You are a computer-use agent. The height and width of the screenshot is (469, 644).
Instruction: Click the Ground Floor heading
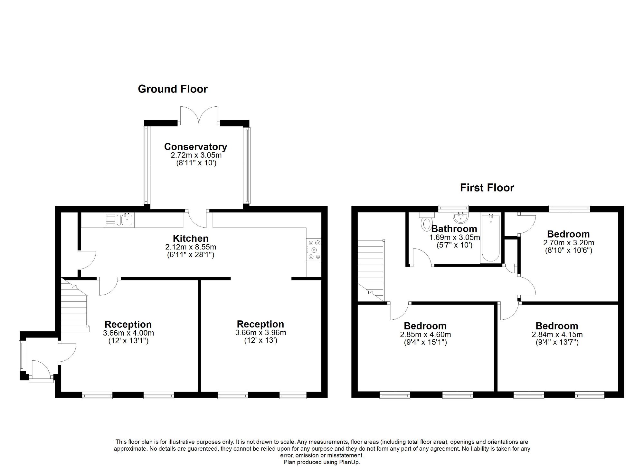point(173,89)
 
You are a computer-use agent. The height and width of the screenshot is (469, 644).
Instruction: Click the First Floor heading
point(487,188)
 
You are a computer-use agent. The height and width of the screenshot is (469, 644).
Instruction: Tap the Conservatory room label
point(195,147)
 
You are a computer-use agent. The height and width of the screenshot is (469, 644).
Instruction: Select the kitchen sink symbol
point(119,220)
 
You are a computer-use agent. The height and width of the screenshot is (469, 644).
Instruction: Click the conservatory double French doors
point(199,116)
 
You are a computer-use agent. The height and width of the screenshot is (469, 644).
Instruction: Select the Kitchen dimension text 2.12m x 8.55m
point(191,247)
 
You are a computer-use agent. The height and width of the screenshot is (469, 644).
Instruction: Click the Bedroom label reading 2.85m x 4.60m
point(425,326)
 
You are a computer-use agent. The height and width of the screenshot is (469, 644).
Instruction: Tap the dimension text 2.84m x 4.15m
point(557,335)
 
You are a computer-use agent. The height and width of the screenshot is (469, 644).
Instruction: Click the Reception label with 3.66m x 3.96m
point(260,324)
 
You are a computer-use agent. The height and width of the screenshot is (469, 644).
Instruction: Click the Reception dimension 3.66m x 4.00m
point(128,333)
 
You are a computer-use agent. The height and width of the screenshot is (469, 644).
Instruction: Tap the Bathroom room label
point(454,229)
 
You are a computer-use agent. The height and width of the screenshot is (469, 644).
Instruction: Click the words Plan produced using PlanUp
point(322,462)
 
